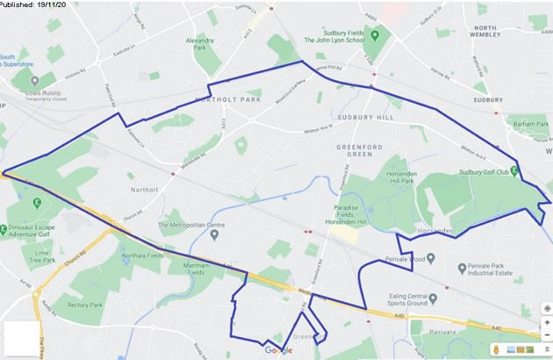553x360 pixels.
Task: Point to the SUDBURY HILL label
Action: coord(360,116)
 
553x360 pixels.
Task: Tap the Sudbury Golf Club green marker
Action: coord(513,170)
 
